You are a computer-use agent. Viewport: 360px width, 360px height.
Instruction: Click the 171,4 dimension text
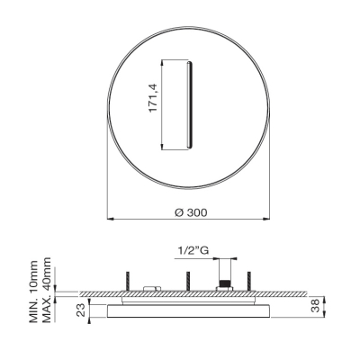pos(154,98)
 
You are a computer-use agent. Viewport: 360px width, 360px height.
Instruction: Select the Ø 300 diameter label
pos(191,212)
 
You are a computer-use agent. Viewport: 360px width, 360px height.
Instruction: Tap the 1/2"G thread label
pos(193,250)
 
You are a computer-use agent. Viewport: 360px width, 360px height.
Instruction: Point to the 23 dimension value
pos(81,310)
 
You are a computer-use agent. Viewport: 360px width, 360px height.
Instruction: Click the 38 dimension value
pos(315,307)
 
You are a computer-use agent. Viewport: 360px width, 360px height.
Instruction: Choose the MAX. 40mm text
pos(47,290)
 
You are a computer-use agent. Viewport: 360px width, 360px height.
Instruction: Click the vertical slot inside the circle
pos(189,104)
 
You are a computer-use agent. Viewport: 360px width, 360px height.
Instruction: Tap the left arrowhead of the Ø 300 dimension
pos(110,219)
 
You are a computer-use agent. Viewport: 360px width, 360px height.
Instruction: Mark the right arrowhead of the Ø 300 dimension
pos(266,219)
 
